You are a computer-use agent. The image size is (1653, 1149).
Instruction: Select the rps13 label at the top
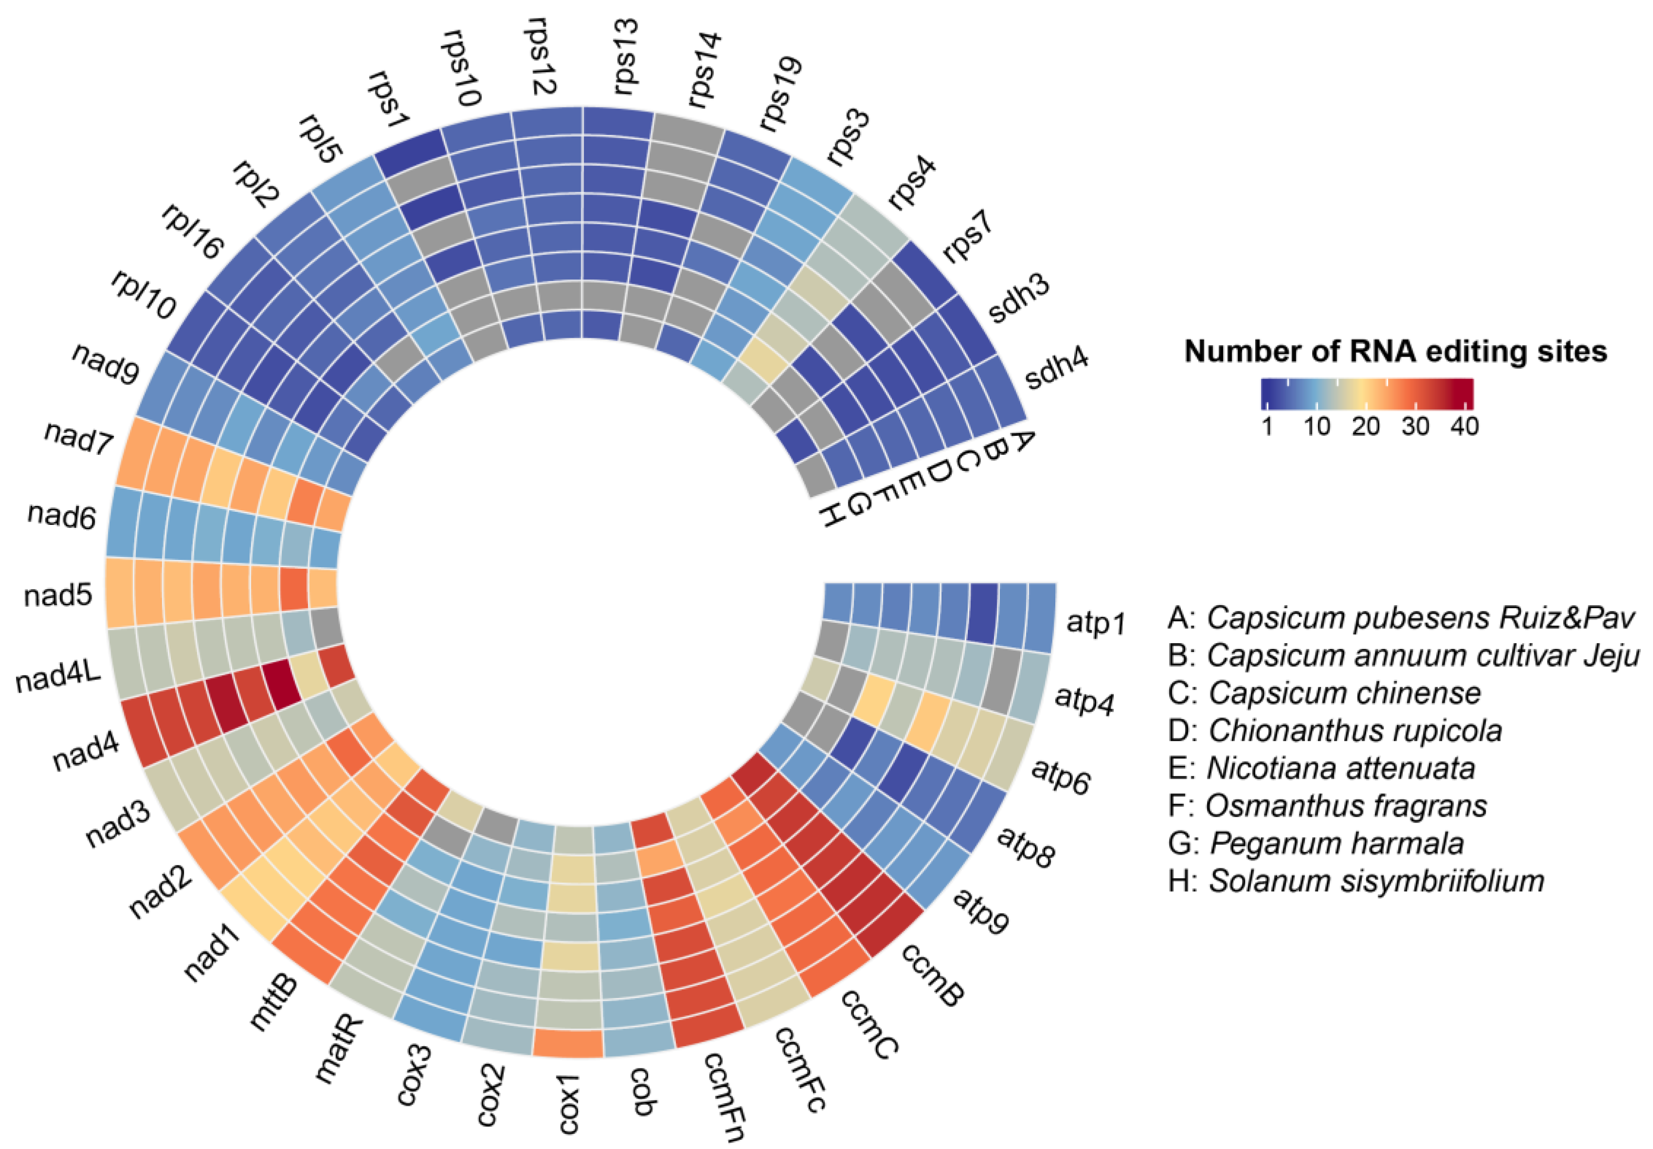point(624,57)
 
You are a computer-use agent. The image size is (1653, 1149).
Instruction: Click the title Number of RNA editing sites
point(1395,351)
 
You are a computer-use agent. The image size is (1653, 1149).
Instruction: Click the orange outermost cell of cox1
point(568,1043)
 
